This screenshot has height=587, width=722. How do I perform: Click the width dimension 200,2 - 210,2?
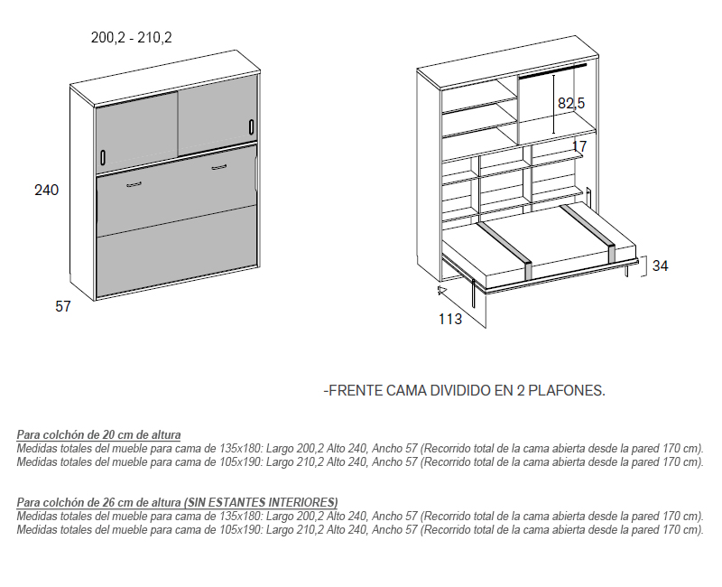pos(131,37)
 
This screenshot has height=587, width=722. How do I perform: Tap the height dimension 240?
pos(47,190)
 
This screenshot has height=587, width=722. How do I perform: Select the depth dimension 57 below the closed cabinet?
pos(63,306)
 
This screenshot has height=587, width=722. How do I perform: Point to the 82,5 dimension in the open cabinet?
pos(571,103)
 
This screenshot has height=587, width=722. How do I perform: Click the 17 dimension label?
pos(579,146)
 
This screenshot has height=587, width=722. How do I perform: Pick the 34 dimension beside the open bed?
pos(660,266)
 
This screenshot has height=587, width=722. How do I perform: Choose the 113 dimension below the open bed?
pos(449,319)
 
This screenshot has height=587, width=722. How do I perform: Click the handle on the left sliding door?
pos(103,157)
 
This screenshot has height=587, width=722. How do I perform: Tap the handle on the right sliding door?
pos(252,127)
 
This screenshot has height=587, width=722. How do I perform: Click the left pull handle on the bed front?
pos(134,185)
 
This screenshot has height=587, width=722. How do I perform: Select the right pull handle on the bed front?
pos(219,167)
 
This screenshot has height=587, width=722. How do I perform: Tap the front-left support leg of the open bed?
pos(474,293)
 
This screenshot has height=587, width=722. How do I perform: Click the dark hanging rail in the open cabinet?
pos(553,71)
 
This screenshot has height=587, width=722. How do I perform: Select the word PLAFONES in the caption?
pos(567,391)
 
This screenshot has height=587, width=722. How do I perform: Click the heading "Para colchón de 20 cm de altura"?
pos(98,434)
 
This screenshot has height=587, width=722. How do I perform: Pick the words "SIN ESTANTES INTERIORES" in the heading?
pos(261,502)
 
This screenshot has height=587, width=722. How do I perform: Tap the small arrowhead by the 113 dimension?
pos(442,290)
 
